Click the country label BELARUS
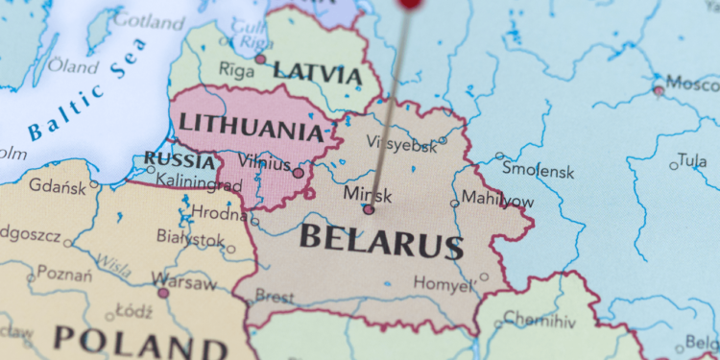click(381, 240)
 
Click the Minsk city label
click(368, 194)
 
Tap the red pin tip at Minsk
click(370, 208)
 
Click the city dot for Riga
click(260, 60)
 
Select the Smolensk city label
click(538, 172)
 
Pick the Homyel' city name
click(444, 283)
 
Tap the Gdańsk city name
click(58, 185)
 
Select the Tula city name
click(691, 159)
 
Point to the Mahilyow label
click(498, 199)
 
